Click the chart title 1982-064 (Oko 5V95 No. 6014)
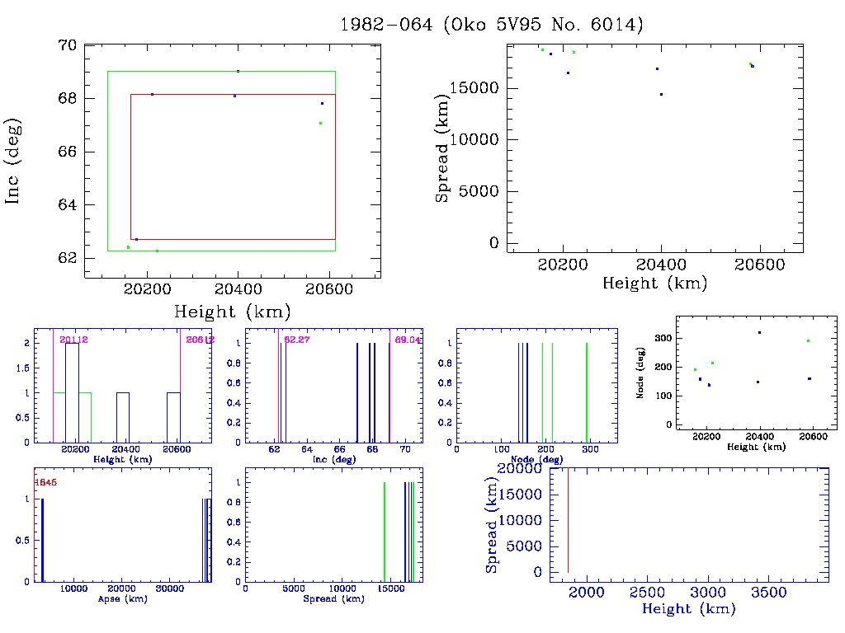pos(492,25)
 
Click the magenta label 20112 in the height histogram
pos(74,340)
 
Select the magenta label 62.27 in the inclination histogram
pos(296,340)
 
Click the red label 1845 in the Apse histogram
pos(45,481)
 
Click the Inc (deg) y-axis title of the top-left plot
pos(13,161)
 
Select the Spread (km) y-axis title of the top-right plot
pos(442,148)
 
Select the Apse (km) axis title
pos(121,599)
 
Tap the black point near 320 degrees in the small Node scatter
pos(759,332)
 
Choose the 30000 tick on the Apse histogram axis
pos(170,588)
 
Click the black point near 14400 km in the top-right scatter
pos(661,94)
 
